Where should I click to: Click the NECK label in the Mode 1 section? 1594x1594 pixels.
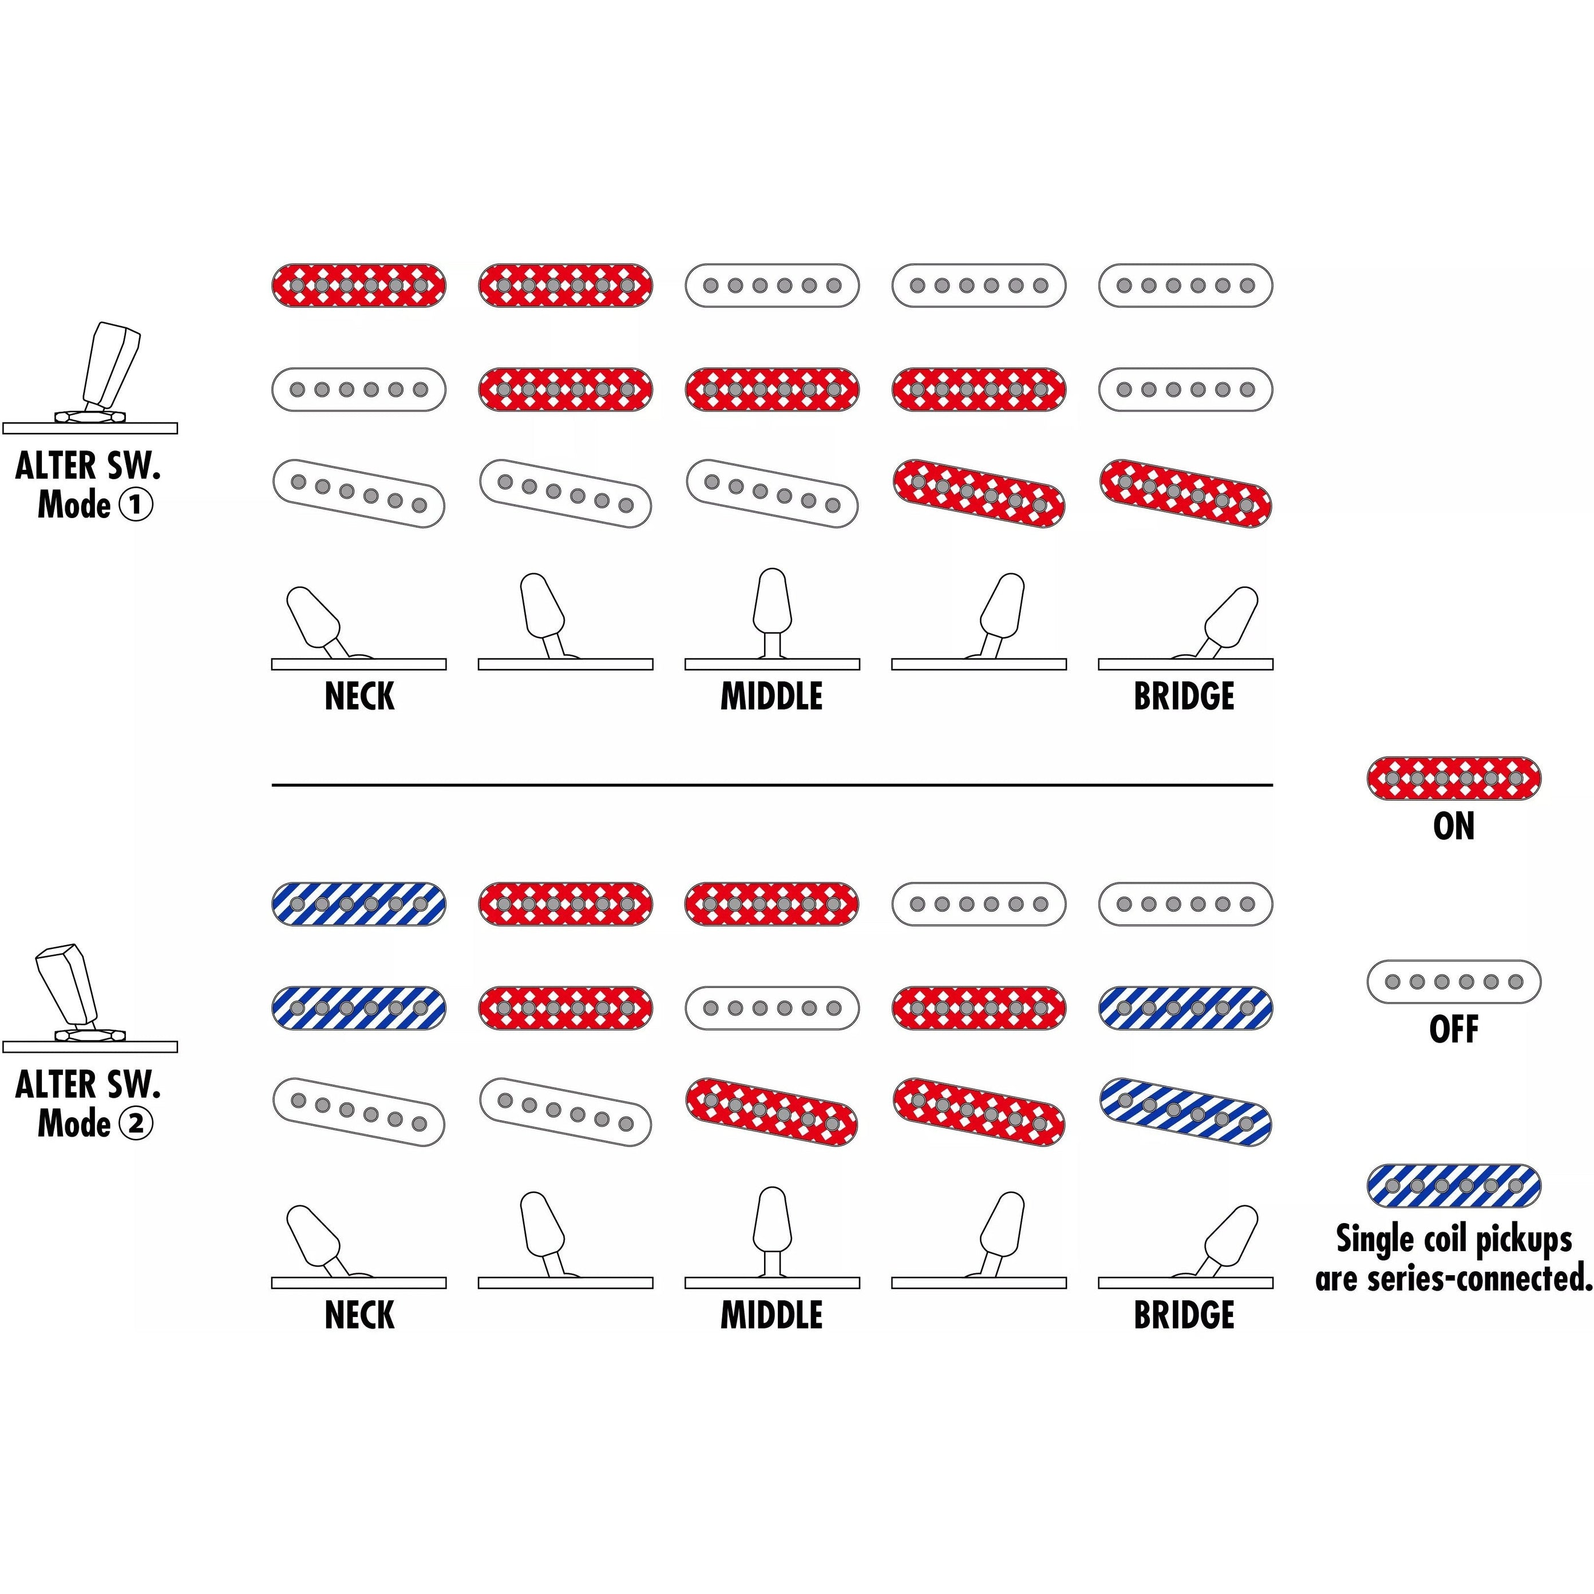pos(359,697)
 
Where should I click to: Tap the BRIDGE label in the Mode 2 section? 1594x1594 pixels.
pos(1184,1315)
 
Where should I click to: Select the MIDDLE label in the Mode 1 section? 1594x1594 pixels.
pos(772,697)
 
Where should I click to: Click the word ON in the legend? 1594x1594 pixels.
pos(1454,826)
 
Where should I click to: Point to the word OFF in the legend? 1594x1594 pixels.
pos(1454,1029)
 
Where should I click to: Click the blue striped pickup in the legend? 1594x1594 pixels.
pos(1454,1185)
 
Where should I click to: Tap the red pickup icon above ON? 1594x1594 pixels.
pos(1454,778)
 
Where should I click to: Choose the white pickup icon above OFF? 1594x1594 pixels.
pos(1454,982)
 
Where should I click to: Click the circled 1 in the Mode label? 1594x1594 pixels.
pos(136,504)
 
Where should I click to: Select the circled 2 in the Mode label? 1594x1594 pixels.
pos(136,1123)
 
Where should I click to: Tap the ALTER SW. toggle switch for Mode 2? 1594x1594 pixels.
pos(70,990)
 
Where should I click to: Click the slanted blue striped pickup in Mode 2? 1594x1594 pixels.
pos(1185,1112)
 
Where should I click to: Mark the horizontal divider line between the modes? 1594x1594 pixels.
pos(772,785)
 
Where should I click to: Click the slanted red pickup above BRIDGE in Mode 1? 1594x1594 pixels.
pos(1185,493)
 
